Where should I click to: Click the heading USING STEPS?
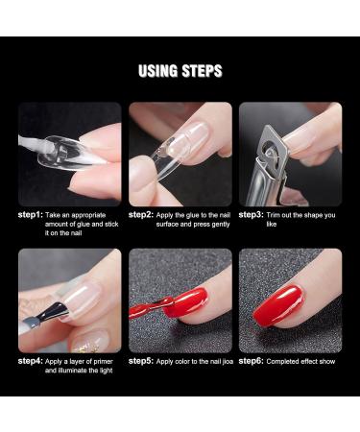pos(180,71)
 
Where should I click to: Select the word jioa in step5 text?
pos(225,361)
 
